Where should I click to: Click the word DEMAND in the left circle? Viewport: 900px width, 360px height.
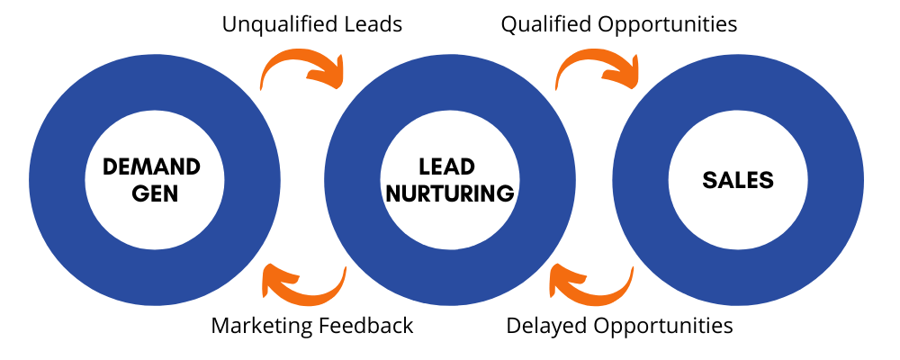[151, 166]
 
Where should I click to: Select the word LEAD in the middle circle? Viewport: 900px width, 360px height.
[446, 166]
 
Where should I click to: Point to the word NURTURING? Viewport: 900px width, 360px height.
[448, 193]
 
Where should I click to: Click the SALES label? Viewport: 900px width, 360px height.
[738, 180]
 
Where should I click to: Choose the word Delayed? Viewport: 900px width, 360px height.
[542, 325]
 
